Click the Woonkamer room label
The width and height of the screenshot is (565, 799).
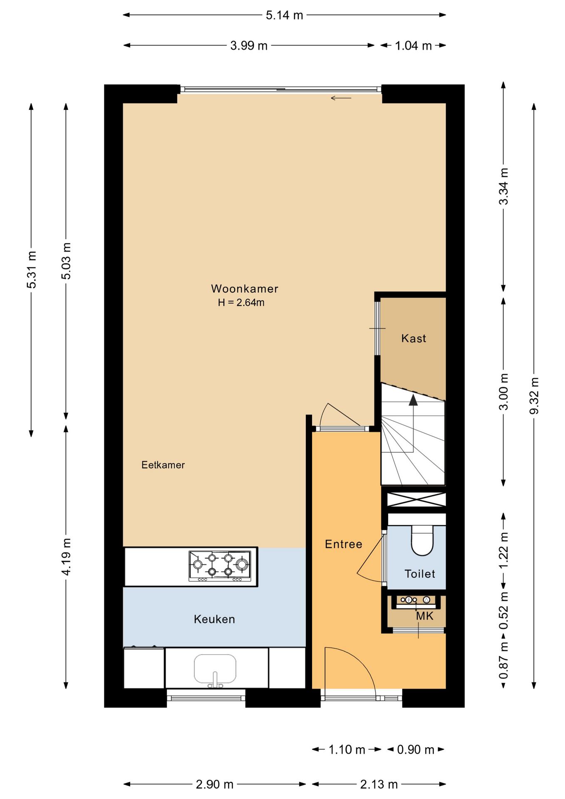245,288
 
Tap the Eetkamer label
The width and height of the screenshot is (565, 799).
163,465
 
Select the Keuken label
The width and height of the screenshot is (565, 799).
214,619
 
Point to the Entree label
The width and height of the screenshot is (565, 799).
343,544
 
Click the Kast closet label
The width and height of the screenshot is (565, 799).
414,338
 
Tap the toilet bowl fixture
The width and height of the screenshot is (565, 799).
422,541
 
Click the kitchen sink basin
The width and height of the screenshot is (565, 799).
215,669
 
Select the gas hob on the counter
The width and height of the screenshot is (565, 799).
220,566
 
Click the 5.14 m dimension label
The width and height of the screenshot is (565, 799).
285,15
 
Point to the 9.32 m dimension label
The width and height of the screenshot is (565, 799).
534,396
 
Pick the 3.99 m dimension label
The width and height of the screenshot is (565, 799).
249,45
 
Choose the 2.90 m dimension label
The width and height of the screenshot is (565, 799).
215,784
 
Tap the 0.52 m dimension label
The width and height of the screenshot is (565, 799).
504,611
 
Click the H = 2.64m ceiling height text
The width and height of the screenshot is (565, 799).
241,303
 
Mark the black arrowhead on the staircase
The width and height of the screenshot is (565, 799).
413,399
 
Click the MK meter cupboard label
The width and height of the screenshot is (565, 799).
425,616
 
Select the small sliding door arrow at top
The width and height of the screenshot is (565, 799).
341,98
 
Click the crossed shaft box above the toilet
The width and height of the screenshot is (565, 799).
416,499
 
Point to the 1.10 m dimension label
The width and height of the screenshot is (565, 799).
347,749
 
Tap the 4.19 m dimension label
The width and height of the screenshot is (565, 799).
66,556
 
